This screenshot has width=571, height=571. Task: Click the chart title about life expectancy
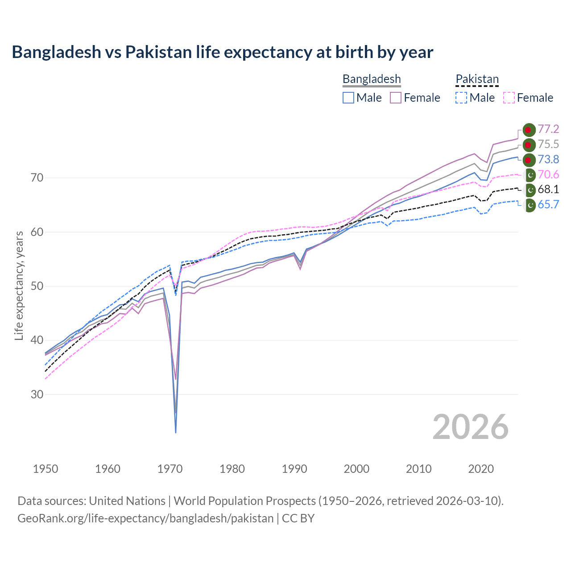(222, 52)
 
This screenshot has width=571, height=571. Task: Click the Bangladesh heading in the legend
(372, 79)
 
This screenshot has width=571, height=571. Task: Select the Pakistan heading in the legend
(477, 79)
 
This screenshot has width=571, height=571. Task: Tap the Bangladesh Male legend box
(348, 98)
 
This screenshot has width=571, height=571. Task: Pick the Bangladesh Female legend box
(396, 98)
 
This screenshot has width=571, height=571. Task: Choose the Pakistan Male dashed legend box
(461, 98)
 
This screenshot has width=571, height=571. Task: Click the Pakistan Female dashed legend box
(509, 98)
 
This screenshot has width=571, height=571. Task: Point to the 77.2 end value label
(548, 129)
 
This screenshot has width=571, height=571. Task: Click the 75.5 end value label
(548, 145)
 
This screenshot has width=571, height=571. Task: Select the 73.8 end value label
(548, 160)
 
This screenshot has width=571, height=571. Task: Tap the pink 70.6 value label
(548, 174)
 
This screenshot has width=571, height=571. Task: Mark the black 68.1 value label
(548, 190)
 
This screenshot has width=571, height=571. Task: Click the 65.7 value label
(548, 205)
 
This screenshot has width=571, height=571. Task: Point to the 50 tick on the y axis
(37, 286)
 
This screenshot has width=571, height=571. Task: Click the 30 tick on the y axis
(37, 394)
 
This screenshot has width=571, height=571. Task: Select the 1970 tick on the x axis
(170, 469)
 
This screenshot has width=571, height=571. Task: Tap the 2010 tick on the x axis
(418, 469)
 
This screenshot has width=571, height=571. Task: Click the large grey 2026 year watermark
(471, 427)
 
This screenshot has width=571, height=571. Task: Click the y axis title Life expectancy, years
(19, 285)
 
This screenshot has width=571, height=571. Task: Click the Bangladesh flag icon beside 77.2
(529, 130)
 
